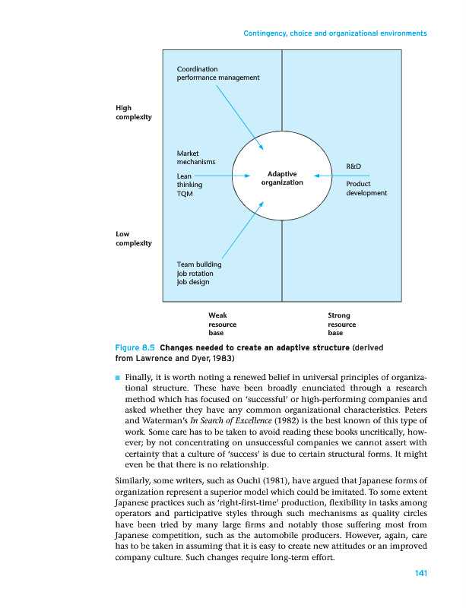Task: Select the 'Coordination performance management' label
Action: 217,73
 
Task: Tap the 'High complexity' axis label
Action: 133,112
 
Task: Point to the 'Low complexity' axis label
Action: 133,239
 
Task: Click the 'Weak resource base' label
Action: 222,323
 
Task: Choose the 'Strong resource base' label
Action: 341,323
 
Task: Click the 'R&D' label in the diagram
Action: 353,166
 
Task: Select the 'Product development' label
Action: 366,188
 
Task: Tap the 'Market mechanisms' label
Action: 195,157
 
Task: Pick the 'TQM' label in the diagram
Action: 185,194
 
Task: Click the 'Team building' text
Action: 198,264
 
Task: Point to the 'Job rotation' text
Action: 195,274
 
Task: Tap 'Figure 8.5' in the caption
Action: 135,347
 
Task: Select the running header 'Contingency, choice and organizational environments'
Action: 334,33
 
